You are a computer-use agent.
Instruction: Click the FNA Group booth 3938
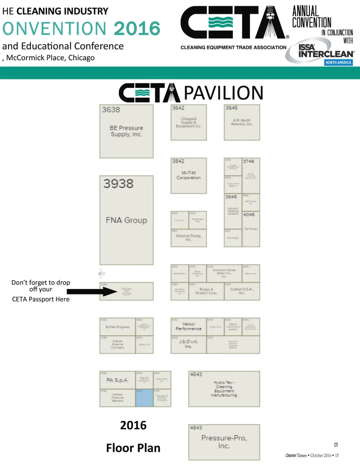(126, 220)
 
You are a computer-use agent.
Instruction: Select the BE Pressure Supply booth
(126, 131)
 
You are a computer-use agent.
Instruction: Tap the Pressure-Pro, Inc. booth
(224, 442)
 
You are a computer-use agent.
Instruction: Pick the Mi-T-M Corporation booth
(188, 176)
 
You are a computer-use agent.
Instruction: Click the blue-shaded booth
(144, 398)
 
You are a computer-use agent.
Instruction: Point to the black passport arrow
(91, 291)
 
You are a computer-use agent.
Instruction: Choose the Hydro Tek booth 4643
(224, 389)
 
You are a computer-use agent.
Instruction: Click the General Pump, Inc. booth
(188, 238)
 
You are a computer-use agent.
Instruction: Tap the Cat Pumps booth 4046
(251, 229)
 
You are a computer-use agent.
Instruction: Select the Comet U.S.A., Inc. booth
(242, 291)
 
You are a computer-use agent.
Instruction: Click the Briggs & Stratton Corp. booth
(206, 291)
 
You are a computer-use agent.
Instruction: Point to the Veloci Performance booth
(188, 327)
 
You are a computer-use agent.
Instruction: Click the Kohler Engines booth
(117, 327)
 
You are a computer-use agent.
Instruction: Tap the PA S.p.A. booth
(117, 380)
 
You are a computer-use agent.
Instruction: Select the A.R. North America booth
(242, 122)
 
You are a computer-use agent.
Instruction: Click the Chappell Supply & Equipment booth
(188, 122)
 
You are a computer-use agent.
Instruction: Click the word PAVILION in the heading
(223, 93)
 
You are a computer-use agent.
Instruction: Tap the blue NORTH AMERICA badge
(338, 62)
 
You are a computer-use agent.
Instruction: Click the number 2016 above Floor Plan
(133, 425)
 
